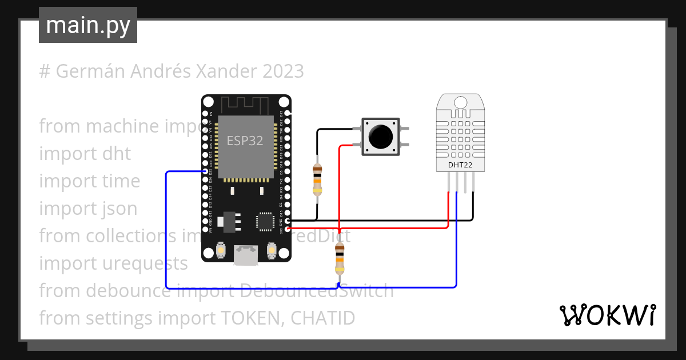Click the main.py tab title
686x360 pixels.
[87, 26]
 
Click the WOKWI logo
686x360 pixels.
[607, 315]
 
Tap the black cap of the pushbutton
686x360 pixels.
[380, 136]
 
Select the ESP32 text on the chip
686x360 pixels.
[245, 141]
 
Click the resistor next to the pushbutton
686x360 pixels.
[317, 179]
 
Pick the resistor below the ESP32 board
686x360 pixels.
[340, 258]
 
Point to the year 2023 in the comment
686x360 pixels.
[284, 71]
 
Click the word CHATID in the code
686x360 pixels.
[322, 318]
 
